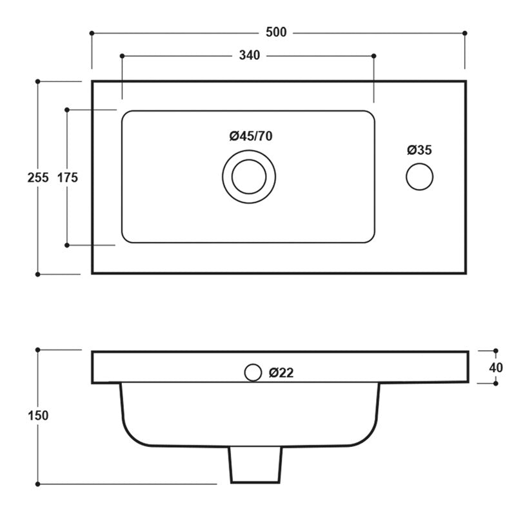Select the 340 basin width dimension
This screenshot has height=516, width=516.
(x=249, y=55)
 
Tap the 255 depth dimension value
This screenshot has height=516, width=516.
(x=38, y=178)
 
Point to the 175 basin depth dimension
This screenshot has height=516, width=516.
(x=67, y=178)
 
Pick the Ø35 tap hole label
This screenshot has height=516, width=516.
(x=419, y=150)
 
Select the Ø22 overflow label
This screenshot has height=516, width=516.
(x=283, y=372)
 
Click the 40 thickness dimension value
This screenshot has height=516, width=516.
(x=495, y=368)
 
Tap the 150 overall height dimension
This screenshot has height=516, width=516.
(x=38, y=416)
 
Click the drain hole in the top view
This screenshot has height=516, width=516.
(x=249, y=176)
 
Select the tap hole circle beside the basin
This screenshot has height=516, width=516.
(x=419, y=176)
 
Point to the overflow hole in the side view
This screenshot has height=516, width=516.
(x=253, y=372)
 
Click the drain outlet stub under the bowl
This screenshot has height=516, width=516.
(x=256, y=465)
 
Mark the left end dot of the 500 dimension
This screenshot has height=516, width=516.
(x=92, y=32)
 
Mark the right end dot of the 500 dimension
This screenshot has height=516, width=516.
(x=465, y=32)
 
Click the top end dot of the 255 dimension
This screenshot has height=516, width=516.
(x=38, y=81)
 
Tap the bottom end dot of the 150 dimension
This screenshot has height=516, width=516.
(x=38, y=482)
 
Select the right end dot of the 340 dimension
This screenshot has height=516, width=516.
(x=374, y=56)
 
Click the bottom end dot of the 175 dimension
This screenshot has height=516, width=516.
(x=67, y=245)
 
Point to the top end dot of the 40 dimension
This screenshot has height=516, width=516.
(x=495, y=352)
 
